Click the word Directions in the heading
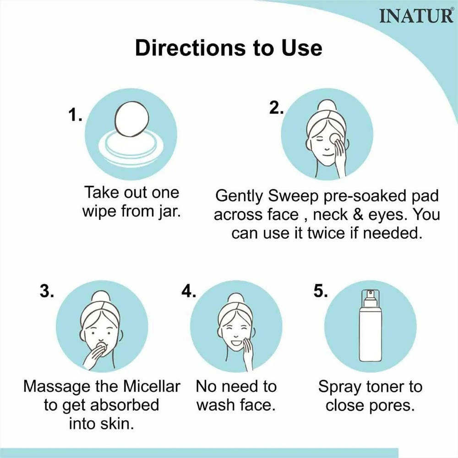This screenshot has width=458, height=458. [x=191, y=48]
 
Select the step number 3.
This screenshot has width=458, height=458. [x=47, y=291]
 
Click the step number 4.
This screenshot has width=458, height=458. [x=189, y=291]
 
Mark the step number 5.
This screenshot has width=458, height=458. [x=321, y=291]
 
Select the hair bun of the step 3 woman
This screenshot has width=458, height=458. [x=101, y=297]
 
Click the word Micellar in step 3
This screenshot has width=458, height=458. [x=152, y=387]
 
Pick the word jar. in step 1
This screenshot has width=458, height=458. [x=170, y=212]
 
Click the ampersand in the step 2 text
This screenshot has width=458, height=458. [x=358, y=215]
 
